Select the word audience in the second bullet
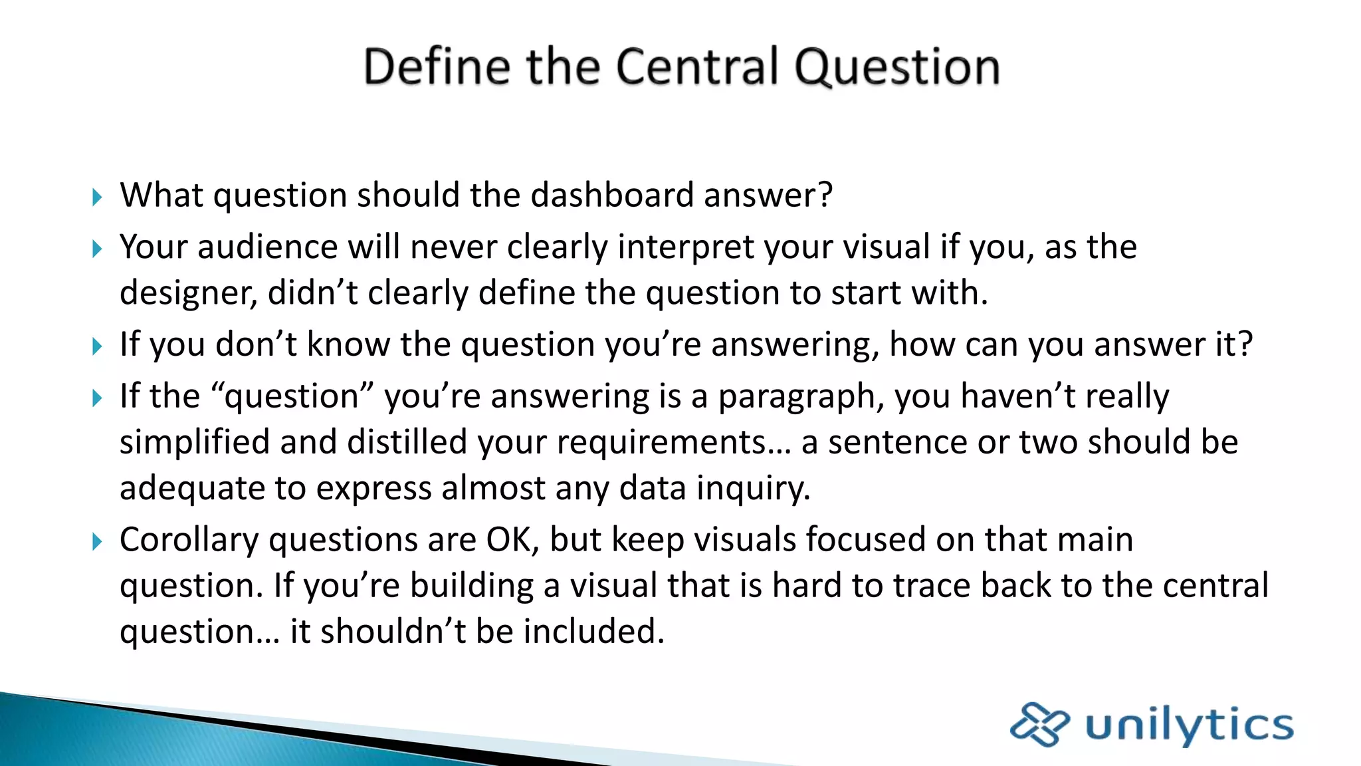[267, 247]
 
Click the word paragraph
[800, 397]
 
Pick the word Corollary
[189, 540]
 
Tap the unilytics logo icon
[1039, 723]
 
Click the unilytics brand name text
[1190, 725]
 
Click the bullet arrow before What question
[97, 197]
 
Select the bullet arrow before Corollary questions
[97, 541]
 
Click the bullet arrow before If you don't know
[97, 346]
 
